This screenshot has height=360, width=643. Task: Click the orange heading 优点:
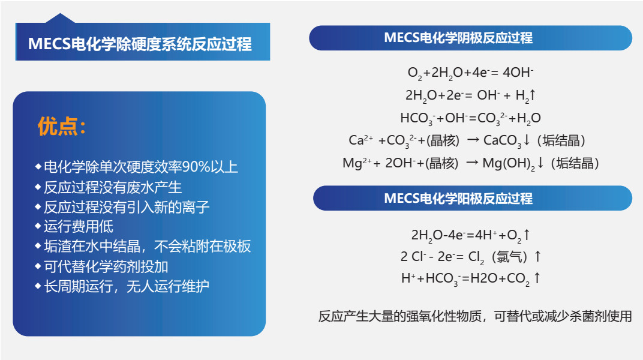click(x=62, y=126)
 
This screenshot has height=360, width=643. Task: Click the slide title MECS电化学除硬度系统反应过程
click(x=140, y=44)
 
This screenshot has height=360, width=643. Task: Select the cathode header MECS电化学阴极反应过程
click(x=458, y=38)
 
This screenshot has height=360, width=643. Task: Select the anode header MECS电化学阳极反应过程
click(x=458, y=199)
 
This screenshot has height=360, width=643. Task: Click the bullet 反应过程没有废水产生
click(x=113, y=187)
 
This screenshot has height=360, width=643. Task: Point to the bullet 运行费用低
click(x=79, y=227)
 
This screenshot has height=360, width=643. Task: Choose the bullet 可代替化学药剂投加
click(x=106, y=266)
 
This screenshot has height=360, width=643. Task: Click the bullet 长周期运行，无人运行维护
click(x=127, y=286)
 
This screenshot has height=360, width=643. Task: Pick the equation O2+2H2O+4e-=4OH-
click(x=470, y=73)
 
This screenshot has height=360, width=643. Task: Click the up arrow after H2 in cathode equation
click(x=532, y=95)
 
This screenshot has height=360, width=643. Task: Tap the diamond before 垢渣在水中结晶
click(x=38, y=247)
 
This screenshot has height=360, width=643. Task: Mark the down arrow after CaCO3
click(x=527, y=140)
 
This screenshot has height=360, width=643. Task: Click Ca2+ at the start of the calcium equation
click(x=361, y=140)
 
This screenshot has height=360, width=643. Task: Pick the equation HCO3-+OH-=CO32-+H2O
click(x=470, y=118)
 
